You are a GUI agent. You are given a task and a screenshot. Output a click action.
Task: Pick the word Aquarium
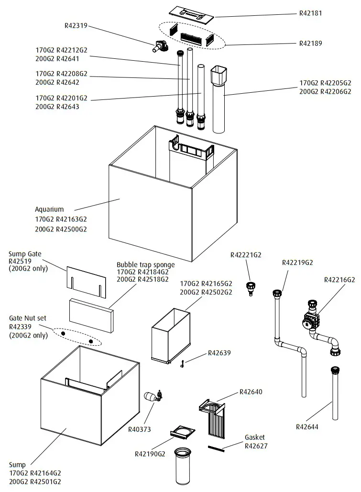pyautogui.click(x=49, y=209)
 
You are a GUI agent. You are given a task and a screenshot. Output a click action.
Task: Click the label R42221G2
pyautogui.click(x=246, y=255)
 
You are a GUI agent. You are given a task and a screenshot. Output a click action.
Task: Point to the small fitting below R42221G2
pyautogui.click(x=249, y=289)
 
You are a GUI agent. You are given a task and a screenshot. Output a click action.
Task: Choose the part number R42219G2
pyautogui.click(x=297, y=262)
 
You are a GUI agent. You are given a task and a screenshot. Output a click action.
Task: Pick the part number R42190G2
pyautogui.click(x=150, y=454)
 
